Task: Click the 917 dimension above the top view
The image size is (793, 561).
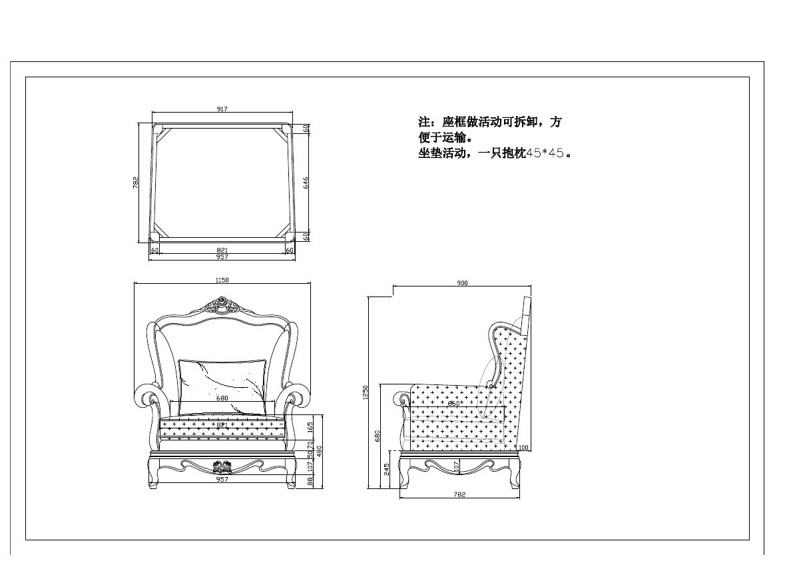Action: point(222,109)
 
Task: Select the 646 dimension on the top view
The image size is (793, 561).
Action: point(306,182)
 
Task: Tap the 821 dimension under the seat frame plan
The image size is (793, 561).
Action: point(222,250)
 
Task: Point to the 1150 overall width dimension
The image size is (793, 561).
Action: point(222,280)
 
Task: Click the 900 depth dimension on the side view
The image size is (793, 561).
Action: point(462,283)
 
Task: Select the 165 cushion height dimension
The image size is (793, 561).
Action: point(310,427)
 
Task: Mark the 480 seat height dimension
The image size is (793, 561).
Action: point(319,451)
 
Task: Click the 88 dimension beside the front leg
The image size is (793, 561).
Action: point(310,480)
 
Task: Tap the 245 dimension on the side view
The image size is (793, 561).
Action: point(387,469)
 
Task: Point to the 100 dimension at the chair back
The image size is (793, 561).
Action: point(524,447)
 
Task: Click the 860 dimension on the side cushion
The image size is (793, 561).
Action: point(453,403)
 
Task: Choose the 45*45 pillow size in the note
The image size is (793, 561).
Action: point(545,153)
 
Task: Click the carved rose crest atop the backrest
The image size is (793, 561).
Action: point(221,306)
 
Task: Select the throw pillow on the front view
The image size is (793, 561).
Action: point(222,377)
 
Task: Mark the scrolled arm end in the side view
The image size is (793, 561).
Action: point(406,398)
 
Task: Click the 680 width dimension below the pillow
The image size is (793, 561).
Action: point(222,398)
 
